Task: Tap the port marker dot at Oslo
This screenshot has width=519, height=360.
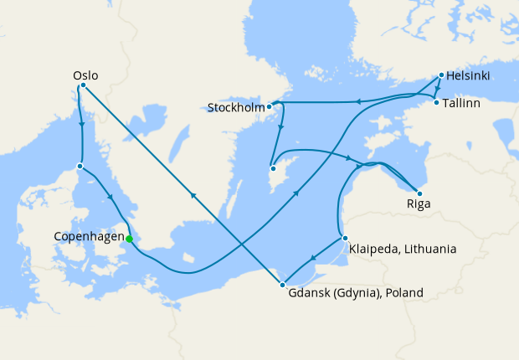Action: pos(82,86)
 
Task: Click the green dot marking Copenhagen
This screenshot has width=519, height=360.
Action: pos(129,239)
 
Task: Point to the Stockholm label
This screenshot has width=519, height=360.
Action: pos(236,107)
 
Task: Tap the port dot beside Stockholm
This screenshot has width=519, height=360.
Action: pos(270,107)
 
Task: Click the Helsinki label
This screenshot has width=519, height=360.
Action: pos(468,77)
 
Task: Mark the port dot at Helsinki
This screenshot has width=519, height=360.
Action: pos(441,76)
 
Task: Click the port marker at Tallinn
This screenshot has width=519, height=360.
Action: pos(436,103)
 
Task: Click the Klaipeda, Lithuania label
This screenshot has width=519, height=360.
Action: pos(403,249)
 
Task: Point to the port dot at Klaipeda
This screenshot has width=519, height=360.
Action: pos(344,239)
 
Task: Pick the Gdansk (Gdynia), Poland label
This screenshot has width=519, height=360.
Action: pos(356,293)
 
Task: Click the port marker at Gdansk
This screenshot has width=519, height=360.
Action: pos(282,285)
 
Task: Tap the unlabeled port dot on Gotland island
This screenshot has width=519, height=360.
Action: pos(273,169)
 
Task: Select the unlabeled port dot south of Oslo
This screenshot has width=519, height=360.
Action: pos(80,166)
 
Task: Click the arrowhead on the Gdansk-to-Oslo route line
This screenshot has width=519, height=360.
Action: pos(194,195)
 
